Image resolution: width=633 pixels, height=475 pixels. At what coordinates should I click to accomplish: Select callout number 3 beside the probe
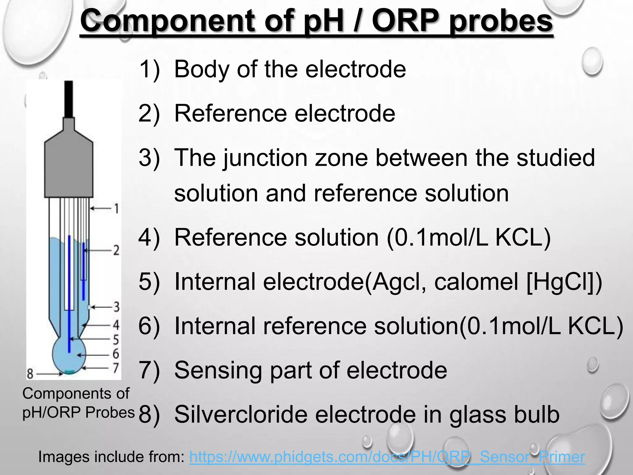pos(116,307)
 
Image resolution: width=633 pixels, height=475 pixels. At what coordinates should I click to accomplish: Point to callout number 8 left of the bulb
pos(30,374)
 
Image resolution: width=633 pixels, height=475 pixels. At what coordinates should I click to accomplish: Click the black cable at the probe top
pos(69,99)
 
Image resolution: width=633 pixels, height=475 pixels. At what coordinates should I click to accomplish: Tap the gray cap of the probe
pos(69,167)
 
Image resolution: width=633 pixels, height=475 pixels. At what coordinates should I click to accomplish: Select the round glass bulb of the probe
pos(69,356)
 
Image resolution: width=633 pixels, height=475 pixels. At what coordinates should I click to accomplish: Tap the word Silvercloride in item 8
pos(241,414)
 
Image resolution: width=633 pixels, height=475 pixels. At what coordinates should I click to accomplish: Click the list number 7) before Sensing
pos(149,370)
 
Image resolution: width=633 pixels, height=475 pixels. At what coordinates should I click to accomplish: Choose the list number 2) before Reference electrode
pos(149,113)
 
